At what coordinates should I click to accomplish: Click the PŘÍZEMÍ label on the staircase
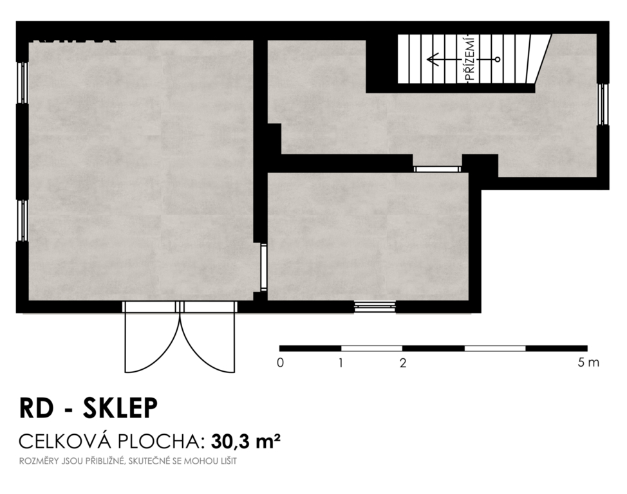click(x=471, y=59)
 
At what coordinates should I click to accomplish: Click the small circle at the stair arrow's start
click(x=498, y=60)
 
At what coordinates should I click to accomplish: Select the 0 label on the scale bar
click(x=280, y=363)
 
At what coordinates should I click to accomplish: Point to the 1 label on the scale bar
click(x=341, y=363)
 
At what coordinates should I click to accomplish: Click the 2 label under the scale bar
click(x=403, y=363)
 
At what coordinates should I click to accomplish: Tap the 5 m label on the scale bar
click(x=588, y=363)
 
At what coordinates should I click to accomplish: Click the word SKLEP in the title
click(x=120, y=408)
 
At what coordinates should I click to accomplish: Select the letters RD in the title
click(x=36, y=408)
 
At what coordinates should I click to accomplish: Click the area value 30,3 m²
click(x=245, y=442)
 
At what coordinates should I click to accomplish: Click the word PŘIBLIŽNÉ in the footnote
click(x=106, y=461)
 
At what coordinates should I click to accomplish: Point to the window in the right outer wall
click(x=603, y=104)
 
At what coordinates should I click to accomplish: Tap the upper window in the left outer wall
click(x=23, y=83)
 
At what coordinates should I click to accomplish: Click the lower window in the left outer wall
click(x=23, y=221)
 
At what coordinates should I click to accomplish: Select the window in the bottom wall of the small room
click(x=375, y=307)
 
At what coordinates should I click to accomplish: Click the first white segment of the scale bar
click(x=371, y=349)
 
